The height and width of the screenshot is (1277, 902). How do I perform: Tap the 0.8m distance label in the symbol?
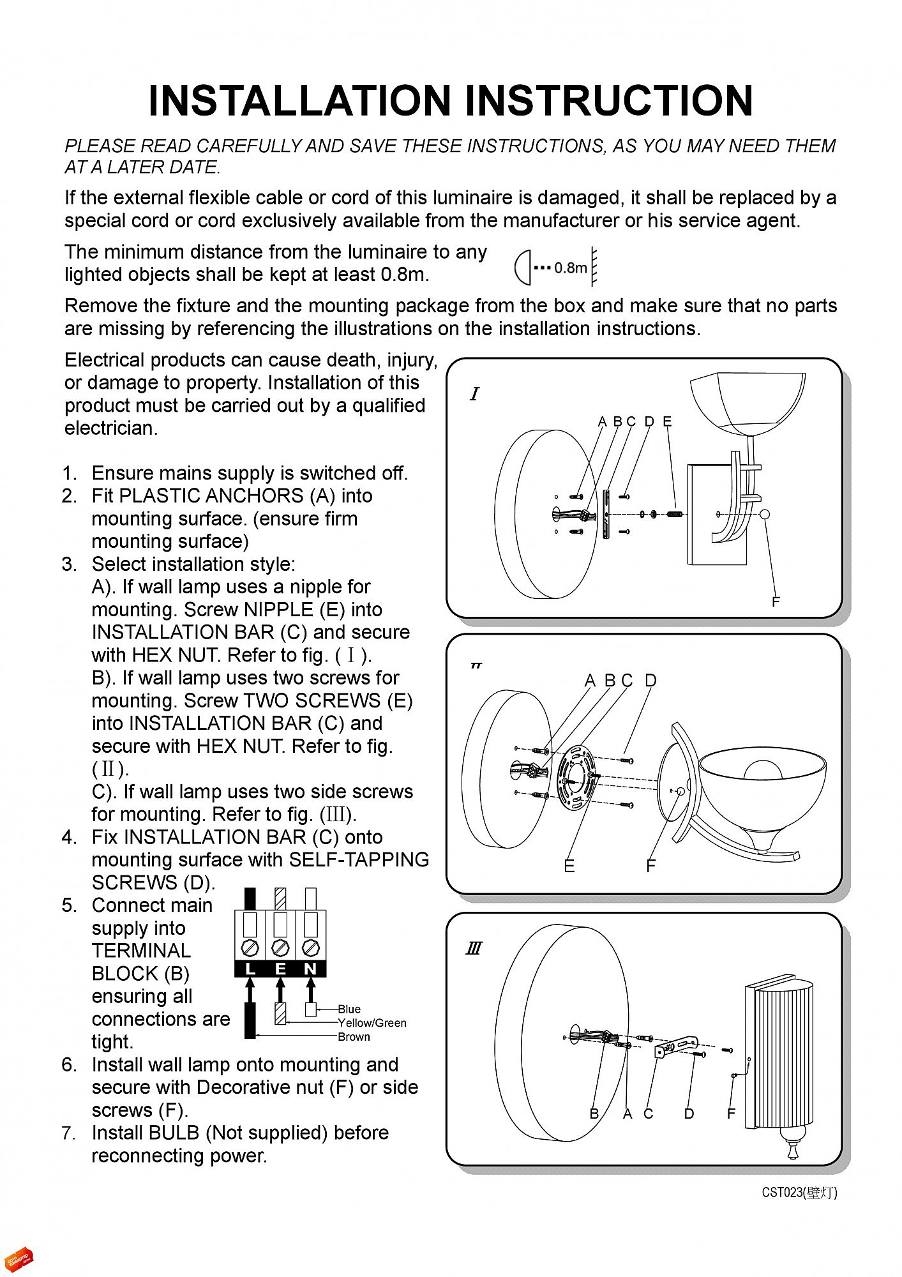click(x=570, y=268)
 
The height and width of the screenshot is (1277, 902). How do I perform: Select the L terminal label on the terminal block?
click(x=250, y=969)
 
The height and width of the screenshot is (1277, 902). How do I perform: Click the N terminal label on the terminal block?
click(x=311, y=969)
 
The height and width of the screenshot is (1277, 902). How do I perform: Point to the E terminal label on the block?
click(x=280, y=969)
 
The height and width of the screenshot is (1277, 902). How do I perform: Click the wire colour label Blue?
click(x=349, y=1009)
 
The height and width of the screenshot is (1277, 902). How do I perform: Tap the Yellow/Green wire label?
click(x=372, y=1023)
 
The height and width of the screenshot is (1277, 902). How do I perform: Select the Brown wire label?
click(x=354, y=1037)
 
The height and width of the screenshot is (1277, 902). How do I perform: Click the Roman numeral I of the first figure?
click(x=474, y=394)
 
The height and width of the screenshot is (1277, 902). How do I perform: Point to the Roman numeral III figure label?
click(x=474, y=949)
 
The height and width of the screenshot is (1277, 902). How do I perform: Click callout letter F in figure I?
click(x=776, y=602)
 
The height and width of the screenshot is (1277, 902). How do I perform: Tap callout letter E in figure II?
click(x=569, y=866)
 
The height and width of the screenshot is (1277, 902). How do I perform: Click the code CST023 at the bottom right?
click(x=782, y=1192)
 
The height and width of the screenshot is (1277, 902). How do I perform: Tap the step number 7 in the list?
click(x=69, y=1133)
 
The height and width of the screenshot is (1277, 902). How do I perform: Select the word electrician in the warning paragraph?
click(x=110, y=428)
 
